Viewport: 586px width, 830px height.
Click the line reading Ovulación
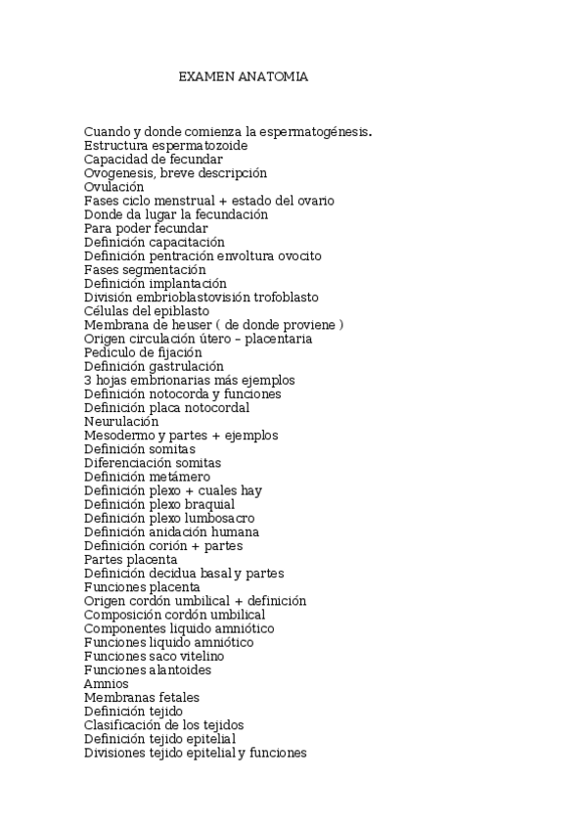click(x=113, y=187)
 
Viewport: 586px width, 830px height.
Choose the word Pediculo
click(x=111, y=352)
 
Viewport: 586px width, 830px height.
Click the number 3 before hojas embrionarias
click(x=88, y=380)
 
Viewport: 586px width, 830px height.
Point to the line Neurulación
click(x=121, y=421)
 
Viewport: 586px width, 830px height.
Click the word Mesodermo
click(x=117, y=435)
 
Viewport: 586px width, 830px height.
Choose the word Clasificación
click(x=123, y=725)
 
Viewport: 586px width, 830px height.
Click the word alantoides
click(x=180, y=670)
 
